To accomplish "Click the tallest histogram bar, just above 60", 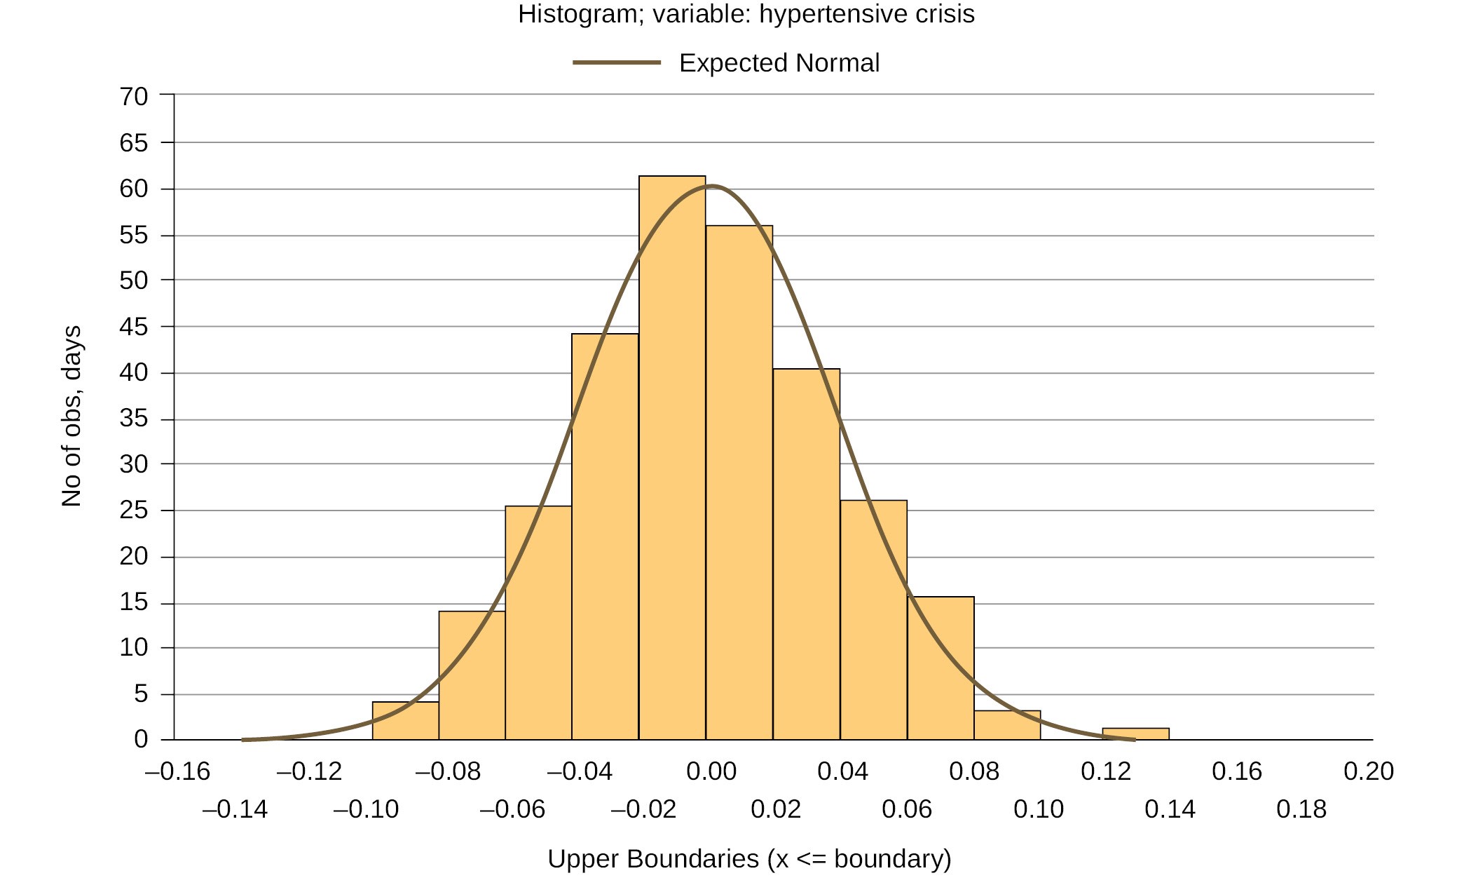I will click(672, 456).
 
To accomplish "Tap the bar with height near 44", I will click(605, 536).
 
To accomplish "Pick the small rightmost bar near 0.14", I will click(1135, 734).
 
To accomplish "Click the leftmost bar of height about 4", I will click(405, 721).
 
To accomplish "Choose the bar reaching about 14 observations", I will click(472, 675).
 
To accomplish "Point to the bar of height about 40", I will click(806, 554).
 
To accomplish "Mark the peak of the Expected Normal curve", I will click(711, 186).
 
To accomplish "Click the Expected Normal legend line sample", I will click(617, 62).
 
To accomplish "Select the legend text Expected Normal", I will click(779, 63).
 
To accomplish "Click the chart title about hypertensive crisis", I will click(746, 14).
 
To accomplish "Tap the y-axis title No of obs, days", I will click(71, 416).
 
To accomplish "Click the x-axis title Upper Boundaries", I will click(749, 858).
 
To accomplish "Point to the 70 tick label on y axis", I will click(134, 96).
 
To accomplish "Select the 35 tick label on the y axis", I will click(134, 419).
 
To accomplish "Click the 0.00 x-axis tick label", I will click(711, 771).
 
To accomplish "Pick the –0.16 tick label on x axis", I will click(177, 771).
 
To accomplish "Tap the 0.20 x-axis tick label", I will click(1368, 771).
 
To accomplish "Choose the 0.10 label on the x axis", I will click(1039, 809).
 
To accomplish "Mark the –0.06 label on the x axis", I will click(512, 809).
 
